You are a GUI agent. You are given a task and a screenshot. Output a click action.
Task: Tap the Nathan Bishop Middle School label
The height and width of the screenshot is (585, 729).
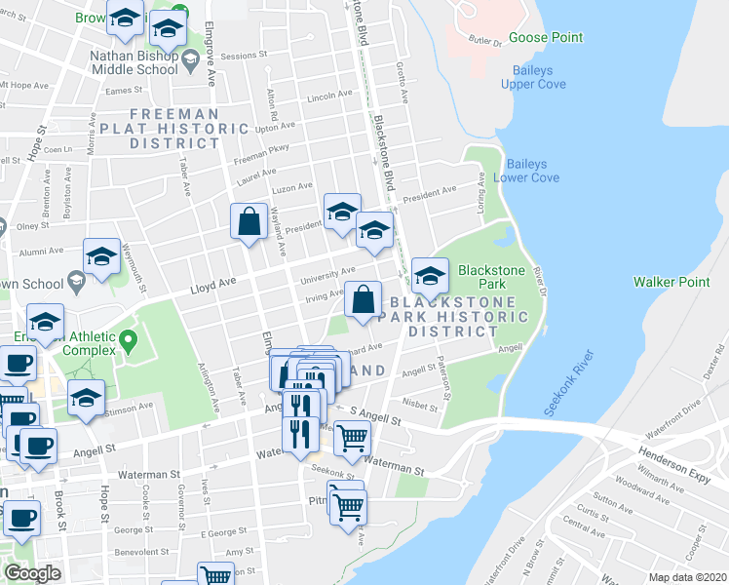tap(134, 62)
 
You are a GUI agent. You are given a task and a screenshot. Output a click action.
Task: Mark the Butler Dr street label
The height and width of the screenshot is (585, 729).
tap(483, 42)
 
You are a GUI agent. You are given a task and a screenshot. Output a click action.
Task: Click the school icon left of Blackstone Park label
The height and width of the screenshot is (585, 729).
tap(429, 276)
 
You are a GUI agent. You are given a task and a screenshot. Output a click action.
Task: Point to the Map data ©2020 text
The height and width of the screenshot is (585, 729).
tap(688, 577)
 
